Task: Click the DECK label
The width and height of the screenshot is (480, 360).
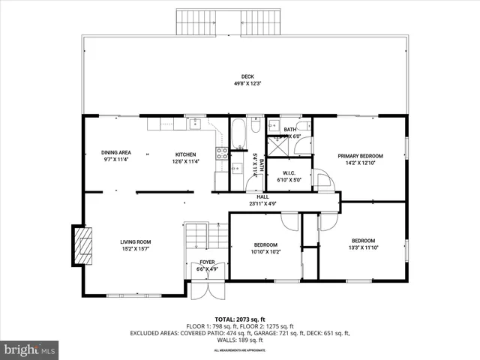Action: pos(247,76)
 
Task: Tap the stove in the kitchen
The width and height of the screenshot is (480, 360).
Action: pos(222,153)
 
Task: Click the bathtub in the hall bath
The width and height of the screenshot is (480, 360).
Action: pos(238,133)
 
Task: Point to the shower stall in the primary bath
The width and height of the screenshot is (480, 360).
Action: pos(301,142)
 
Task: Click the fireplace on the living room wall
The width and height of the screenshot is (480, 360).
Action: pos(83,244)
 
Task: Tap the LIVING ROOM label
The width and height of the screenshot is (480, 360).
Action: pos(136,241)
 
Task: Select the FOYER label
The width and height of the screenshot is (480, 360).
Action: pos(207,263)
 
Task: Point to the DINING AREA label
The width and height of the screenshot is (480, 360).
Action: pos(117,153)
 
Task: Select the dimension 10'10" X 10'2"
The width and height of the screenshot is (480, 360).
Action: pos(265,252)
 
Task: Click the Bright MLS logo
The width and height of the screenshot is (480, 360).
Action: pos(30,349)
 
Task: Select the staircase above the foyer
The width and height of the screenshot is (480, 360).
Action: pos(206,237)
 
